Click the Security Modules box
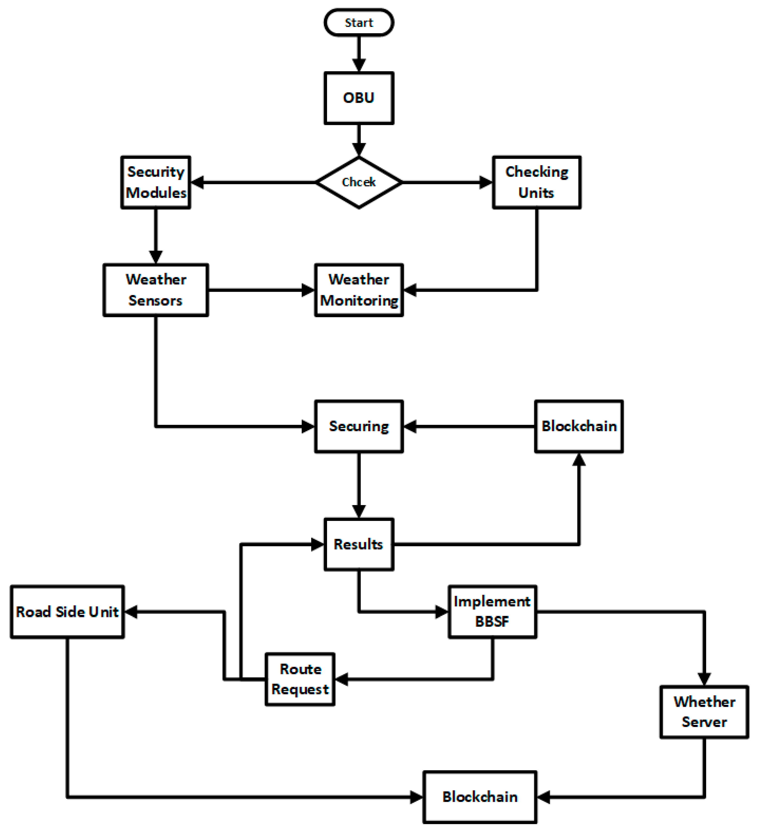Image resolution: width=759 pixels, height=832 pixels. (x=155, y=182)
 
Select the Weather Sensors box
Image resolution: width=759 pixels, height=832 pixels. (x=155, y=290)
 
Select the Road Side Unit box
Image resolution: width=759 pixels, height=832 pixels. (x=67, y=612)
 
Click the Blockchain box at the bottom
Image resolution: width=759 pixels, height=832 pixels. (x=480, y=797)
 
